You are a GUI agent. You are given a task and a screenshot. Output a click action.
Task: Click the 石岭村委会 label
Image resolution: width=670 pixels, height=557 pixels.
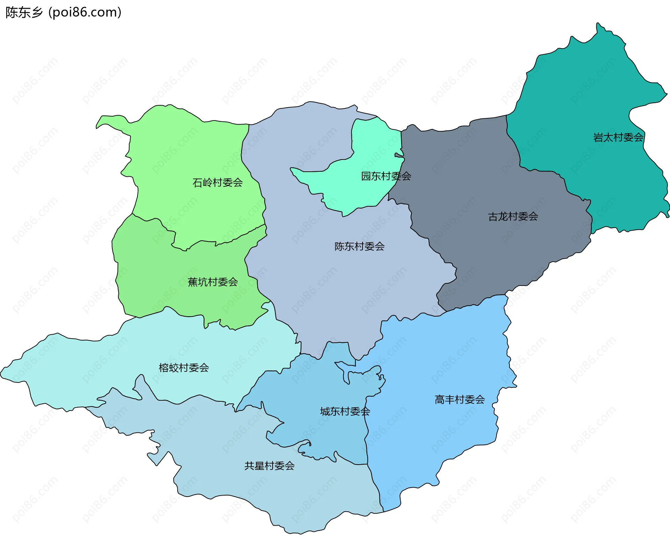(217, 183)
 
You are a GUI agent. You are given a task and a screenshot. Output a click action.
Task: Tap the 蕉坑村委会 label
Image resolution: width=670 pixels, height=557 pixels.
(213, 282)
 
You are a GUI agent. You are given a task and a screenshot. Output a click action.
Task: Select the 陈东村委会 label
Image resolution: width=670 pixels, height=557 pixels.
(359, 246)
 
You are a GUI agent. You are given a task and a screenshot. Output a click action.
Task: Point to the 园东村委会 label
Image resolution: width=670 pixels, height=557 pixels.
(386, 176)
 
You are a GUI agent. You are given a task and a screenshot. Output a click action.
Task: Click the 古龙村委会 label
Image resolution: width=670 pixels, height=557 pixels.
(513, 217)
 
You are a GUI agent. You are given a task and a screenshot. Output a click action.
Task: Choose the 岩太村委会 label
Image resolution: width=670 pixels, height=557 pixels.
(618, 138)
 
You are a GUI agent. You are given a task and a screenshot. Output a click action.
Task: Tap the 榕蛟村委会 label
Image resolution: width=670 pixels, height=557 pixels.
(184, 367)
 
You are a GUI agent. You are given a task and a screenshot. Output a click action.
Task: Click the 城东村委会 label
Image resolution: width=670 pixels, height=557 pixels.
(345, 411)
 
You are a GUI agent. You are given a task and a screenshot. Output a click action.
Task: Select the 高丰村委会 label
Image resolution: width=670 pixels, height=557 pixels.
(460, 400)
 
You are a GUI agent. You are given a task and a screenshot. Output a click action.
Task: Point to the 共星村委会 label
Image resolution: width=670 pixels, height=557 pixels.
(269, 466)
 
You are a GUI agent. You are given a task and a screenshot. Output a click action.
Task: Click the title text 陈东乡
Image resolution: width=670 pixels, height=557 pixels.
(24, 13)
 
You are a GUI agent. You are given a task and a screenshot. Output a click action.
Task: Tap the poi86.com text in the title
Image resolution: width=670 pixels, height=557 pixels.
(85, 13)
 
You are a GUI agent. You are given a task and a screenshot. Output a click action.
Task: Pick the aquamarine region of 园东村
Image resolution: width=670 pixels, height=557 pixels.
(370, 147)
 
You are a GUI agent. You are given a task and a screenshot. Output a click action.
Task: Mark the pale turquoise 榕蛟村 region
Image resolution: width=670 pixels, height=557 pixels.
(87, 366)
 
